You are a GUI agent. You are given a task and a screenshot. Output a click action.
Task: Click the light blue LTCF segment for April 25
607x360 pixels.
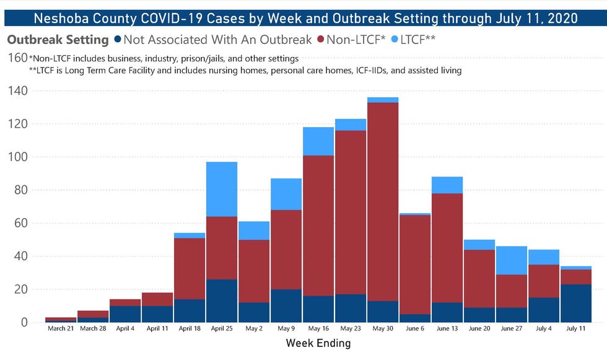(222, 189)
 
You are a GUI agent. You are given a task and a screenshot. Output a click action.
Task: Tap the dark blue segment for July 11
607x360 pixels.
(576, 303)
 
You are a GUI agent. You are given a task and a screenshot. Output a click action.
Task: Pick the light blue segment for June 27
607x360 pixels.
(512, 260)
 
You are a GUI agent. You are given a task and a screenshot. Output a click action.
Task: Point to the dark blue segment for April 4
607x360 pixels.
(125, 314)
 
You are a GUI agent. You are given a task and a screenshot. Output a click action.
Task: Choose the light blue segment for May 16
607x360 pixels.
(318, 141)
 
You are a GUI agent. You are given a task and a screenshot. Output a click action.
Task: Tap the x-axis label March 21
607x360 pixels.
(60, 328)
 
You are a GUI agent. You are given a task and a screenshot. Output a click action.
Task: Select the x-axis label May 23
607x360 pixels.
(351, 328)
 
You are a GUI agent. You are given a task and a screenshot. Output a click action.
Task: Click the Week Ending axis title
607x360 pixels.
(318, 343)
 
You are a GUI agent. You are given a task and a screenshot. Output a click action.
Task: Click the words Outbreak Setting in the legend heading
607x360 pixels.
(58, 40)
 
